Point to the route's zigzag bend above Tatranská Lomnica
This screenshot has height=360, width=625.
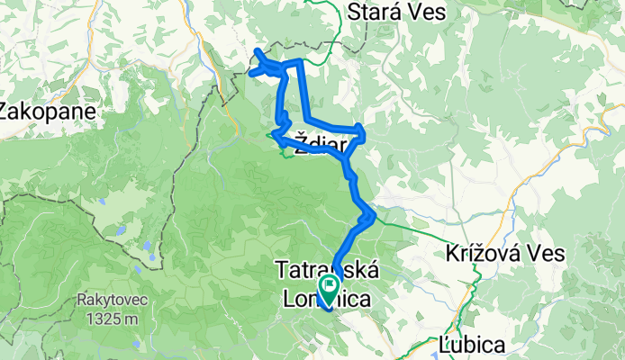(x=367, y=216)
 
